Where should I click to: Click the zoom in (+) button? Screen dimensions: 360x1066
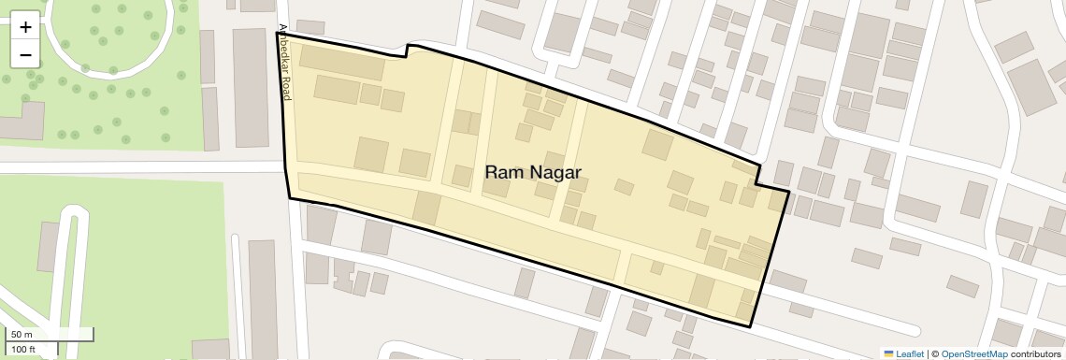coord(25,27)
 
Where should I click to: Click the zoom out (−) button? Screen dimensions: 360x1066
coord(25,54)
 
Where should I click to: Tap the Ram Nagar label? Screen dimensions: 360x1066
coord(533,172)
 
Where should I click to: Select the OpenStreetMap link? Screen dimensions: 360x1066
coord(973,353)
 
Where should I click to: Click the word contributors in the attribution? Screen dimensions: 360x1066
coord(1035,353)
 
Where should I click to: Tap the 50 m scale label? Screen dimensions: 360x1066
coord(22,334)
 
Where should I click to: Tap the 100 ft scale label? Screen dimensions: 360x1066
coord(23,350)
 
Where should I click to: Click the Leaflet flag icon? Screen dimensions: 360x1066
coord(888,353)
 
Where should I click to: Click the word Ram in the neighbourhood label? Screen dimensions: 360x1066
coord(503,172)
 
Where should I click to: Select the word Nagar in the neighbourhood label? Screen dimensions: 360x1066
coord(555,172)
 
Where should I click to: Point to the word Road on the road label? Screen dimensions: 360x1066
coord(287,88)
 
